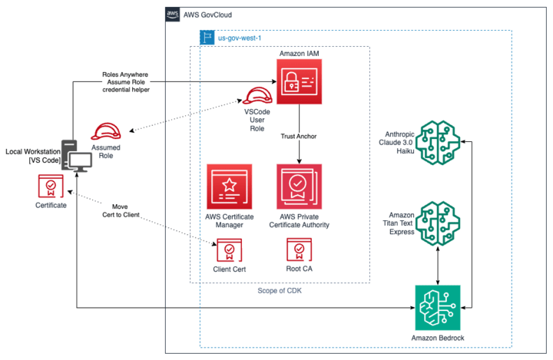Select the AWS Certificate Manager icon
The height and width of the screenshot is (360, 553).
click(228, 186)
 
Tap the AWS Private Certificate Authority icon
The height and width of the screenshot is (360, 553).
click(299, 186)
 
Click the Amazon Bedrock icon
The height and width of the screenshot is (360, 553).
click(437, 307)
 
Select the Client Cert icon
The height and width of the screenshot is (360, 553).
click(228, 250)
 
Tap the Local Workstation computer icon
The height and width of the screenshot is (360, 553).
click(77, 158)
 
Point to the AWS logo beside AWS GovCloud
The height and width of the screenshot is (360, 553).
click(172, 15)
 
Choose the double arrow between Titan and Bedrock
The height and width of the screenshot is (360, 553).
click(437, 267)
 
